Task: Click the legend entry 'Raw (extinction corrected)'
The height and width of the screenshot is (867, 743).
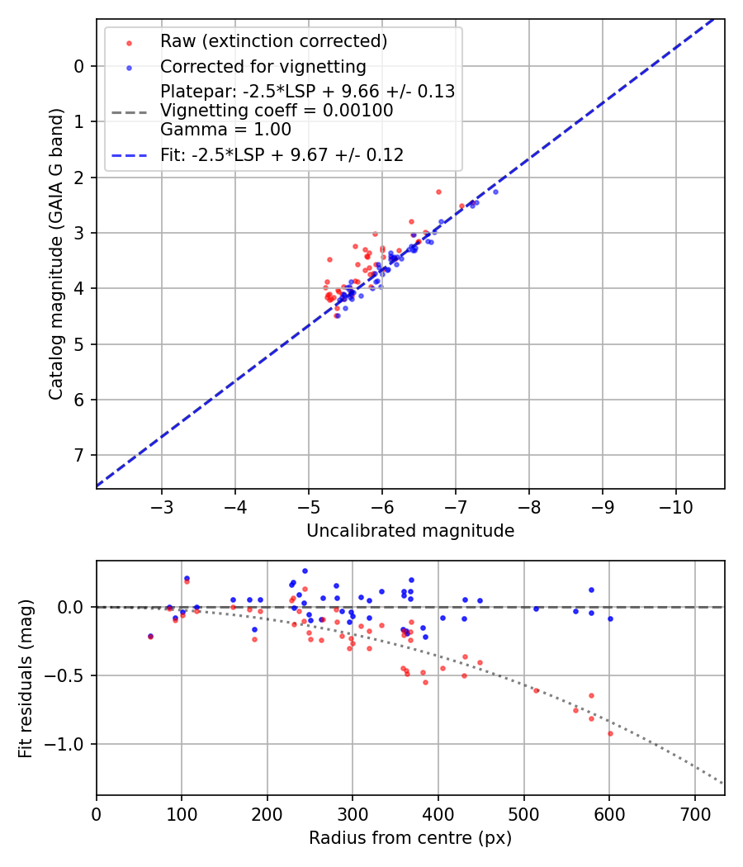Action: [x=273, y=41]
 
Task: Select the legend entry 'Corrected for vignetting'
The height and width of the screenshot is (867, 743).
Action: [x=263, y=66]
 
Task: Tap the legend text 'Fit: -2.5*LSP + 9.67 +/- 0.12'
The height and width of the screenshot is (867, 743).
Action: [x=282, y=154]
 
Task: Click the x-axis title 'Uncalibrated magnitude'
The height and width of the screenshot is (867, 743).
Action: [x=410, y=531]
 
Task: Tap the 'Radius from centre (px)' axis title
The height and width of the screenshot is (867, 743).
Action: [x=410, y=838]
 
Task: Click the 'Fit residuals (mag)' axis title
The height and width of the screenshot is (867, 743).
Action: [x=26, y=678]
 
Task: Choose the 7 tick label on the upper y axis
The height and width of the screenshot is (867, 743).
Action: [x=79, y=456]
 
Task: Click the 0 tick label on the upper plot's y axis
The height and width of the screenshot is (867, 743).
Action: [x=79, y=66]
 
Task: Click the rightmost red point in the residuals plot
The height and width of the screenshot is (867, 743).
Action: [x=610, y=733]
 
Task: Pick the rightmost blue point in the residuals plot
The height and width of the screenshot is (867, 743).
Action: [x=610, y=618]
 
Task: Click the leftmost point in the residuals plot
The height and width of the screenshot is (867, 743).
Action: [x=150, y=637]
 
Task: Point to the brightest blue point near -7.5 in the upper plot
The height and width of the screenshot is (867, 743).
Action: [x=495, y=192]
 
